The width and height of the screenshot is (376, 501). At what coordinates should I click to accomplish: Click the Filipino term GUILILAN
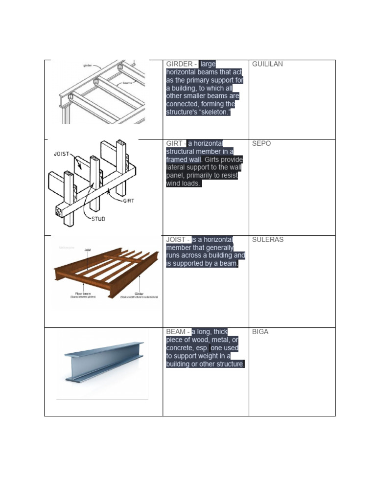click(267, 64)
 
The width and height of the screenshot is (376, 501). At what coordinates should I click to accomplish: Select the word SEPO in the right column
click(261, 144)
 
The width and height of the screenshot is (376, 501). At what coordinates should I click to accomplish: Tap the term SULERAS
click(267, 240)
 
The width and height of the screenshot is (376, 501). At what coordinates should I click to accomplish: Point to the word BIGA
click(260, 332)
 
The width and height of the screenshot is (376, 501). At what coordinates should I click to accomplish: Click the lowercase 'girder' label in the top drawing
click(89, 64)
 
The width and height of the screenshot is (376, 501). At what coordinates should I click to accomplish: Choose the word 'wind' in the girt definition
click(174, 184)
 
